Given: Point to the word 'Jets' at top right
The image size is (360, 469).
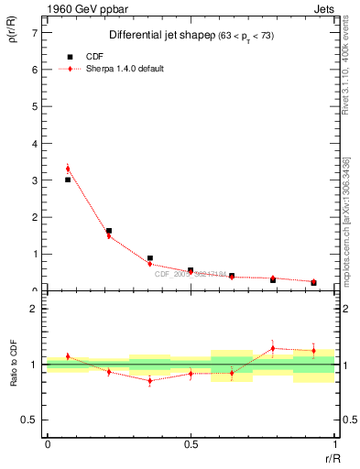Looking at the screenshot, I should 324,10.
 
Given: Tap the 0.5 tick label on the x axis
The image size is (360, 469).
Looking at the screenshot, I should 191,443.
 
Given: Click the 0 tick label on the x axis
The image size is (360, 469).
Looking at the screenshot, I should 47,443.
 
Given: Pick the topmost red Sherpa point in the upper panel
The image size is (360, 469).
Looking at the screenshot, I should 68,169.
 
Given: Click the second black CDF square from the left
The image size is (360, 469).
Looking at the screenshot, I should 109,231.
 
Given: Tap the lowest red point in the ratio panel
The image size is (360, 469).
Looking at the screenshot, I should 149,380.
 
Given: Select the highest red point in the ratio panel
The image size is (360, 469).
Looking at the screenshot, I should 273,348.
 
